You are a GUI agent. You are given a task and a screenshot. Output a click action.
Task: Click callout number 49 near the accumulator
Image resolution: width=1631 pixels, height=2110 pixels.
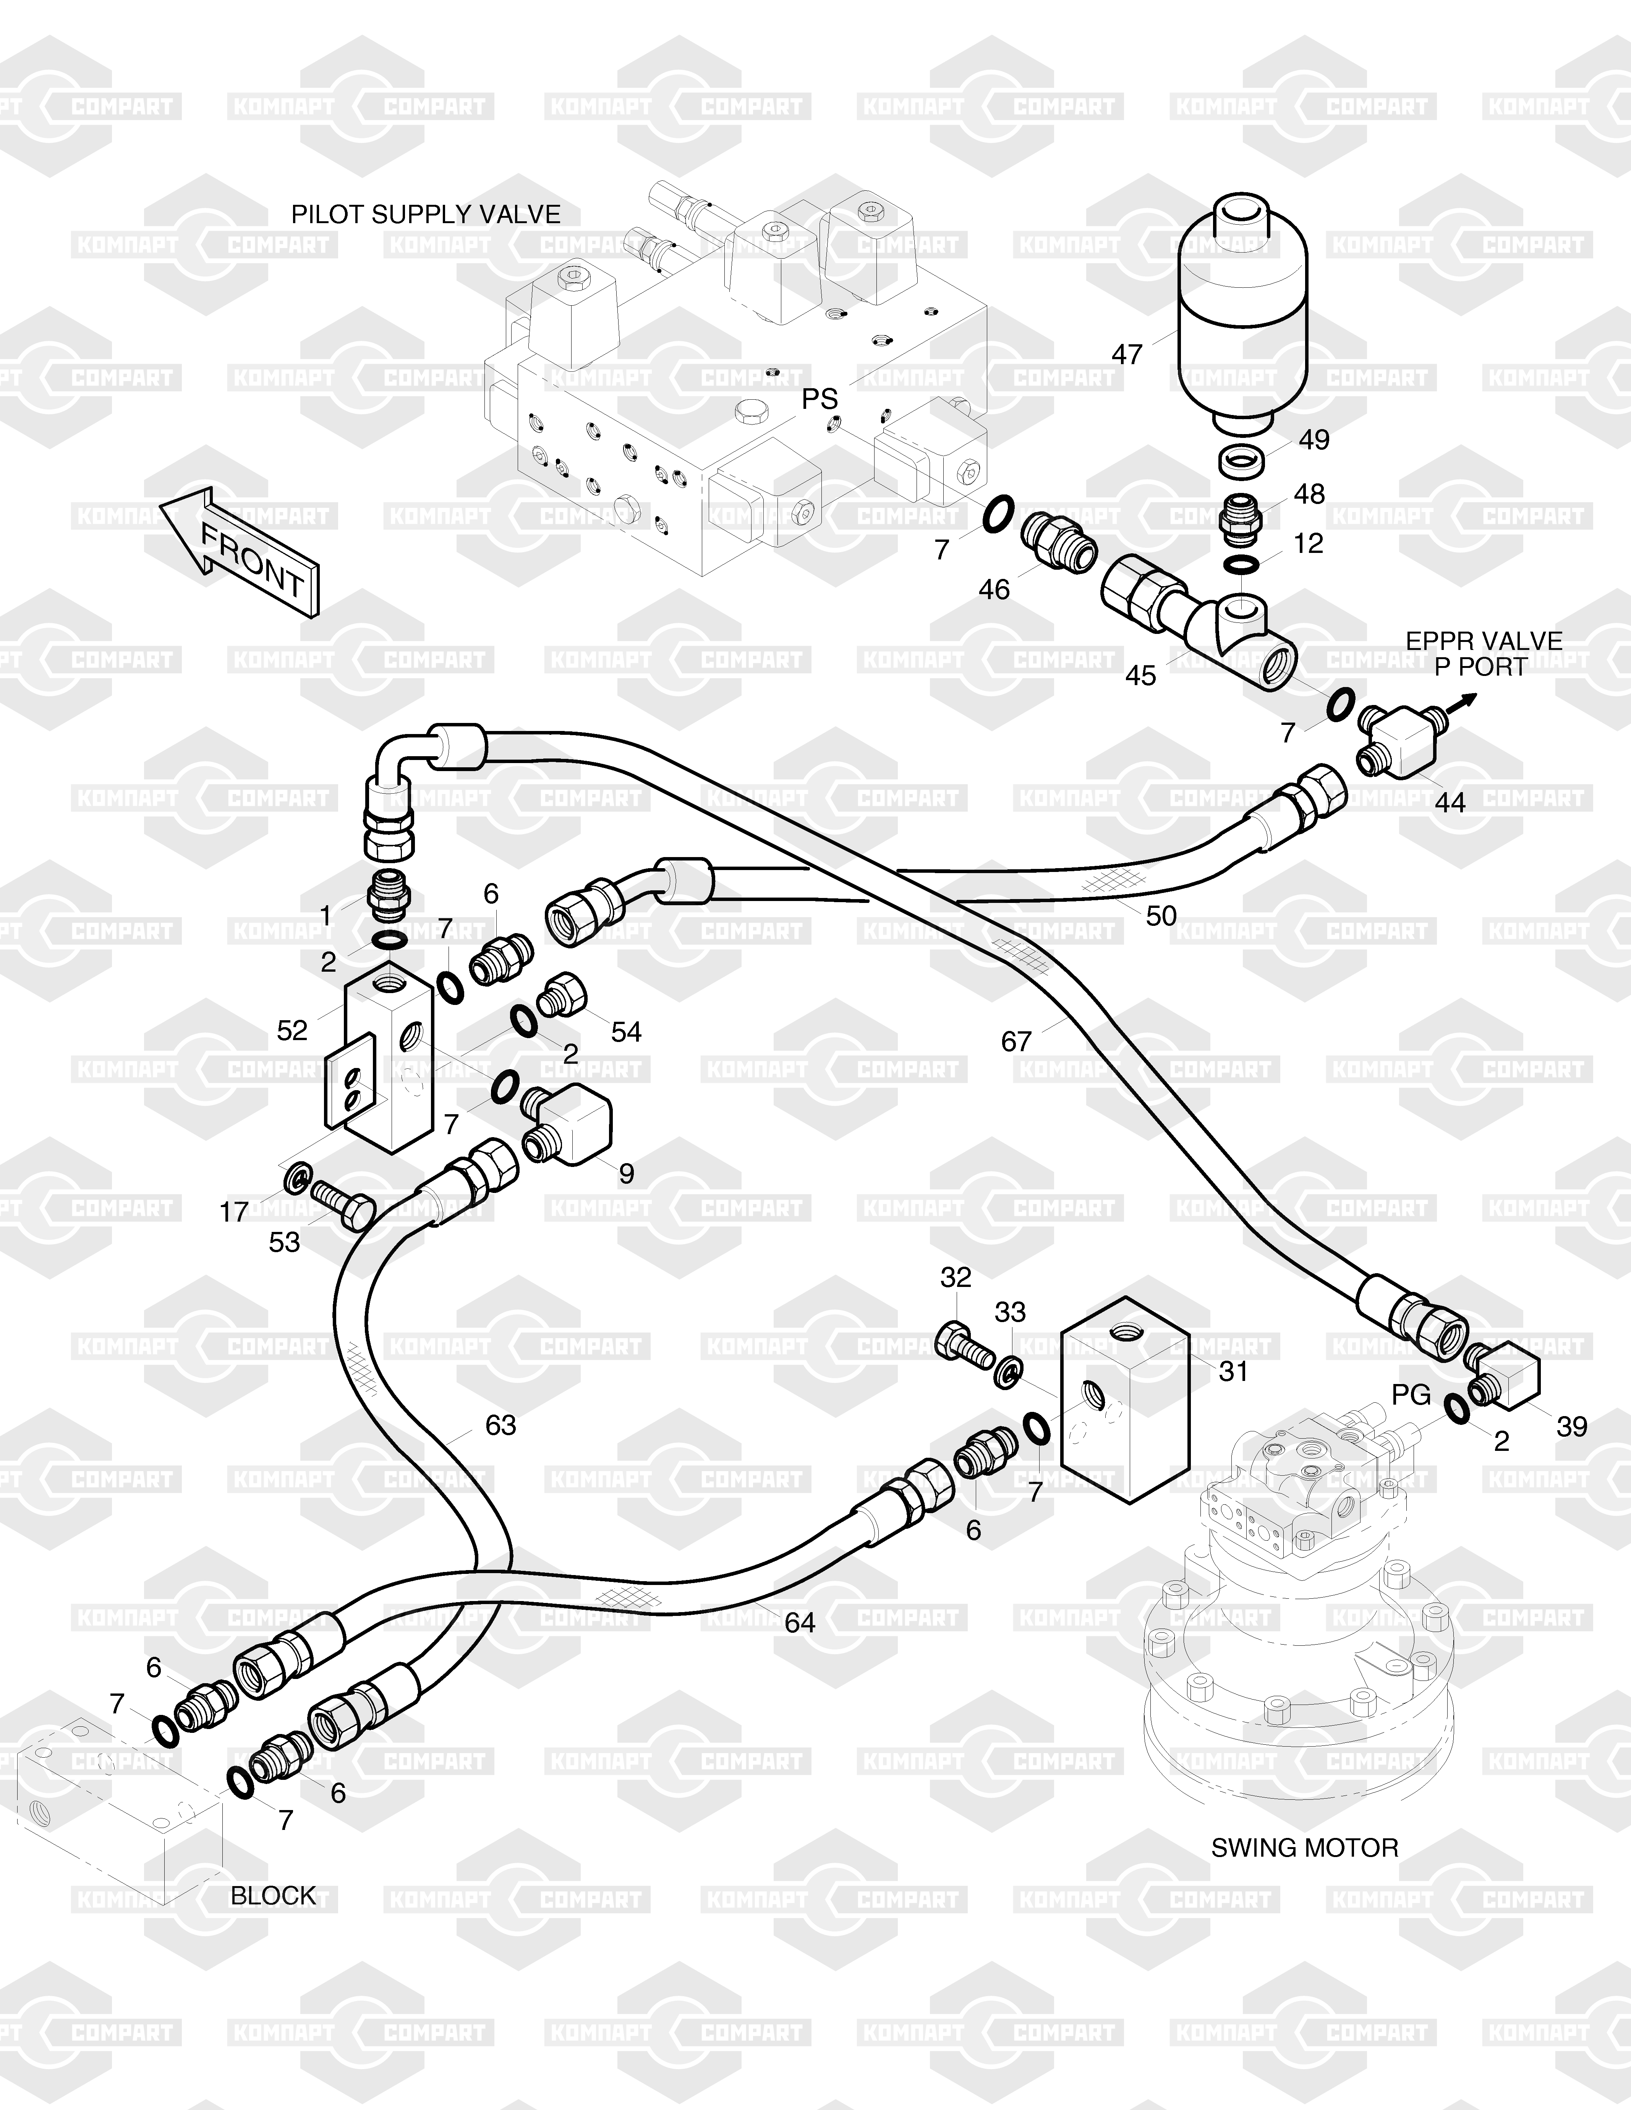(1314, 439)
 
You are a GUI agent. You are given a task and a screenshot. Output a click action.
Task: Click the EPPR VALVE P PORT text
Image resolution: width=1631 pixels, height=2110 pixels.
(1483, 654)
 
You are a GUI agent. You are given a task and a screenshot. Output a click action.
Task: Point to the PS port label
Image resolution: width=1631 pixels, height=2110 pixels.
(820, 398)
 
